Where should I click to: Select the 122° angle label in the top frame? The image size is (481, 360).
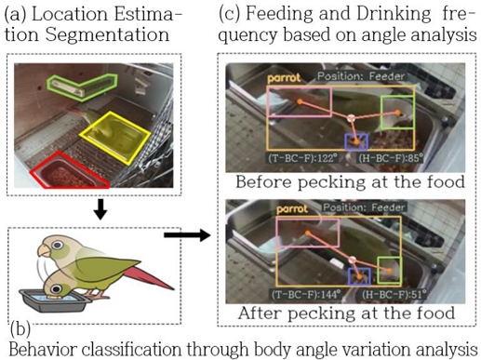297,159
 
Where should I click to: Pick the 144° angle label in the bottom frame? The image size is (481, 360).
297,293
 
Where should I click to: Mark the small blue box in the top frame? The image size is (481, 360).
355,140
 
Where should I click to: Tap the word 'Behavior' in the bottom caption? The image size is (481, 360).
45,350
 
